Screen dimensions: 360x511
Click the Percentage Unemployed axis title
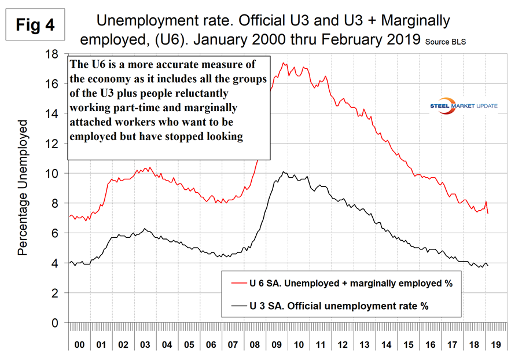pyautogui.click(x=23, y=188)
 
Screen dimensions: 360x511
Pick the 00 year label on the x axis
pyautogui.click(x=80, y=344)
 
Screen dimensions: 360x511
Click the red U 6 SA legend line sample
pyautogui.click(x=238, y=284)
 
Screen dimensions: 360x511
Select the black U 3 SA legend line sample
pyautogui.click(x=238, y=306)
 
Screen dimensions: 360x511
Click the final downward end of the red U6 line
pyautogui.click(x=487, y=213)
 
